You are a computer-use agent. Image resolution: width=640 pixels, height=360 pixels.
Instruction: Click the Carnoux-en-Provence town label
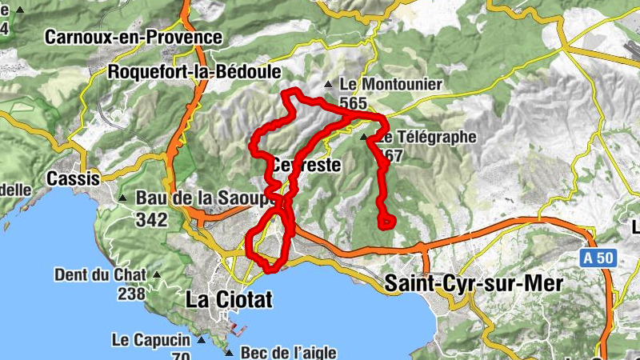(x=133, y=37)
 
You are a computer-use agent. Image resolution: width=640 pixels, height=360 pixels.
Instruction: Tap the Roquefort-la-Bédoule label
(x=194, y=72)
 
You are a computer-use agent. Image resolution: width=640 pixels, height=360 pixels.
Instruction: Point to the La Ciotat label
(x=229, y=300)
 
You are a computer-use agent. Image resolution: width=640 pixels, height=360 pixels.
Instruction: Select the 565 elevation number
(x=352, y=103)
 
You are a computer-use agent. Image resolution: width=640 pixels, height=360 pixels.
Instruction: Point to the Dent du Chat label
(x=100, y=275)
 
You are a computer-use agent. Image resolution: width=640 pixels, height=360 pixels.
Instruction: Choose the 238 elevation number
(x=130, y=294)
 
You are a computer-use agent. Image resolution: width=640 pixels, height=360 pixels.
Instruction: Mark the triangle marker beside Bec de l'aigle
(x=230, y=352)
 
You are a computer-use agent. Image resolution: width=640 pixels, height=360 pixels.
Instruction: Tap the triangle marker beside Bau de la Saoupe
(x=122, y=198)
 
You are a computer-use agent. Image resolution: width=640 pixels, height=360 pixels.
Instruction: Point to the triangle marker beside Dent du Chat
(x=157, y=276)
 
